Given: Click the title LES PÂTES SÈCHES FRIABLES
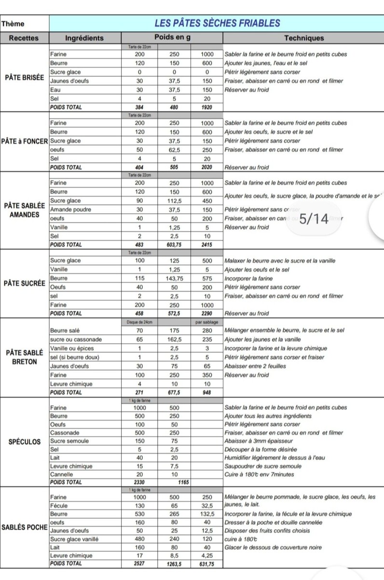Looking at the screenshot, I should (217, 23).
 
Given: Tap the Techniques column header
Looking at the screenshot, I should (304, 38).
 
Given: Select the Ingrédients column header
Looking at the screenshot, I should (84, 38).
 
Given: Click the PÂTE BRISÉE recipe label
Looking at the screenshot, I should (24, 77).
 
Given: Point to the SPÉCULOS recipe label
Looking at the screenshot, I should (24, 442).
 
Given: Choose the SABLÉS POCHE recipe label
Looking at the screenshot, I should (24, 527).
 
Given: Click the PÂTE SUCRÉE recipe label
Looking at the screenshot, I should (24, 283).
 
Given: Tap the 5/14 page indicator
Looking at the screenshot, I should (314, 219).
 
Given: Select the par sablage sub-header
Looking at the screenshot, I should (207, 322).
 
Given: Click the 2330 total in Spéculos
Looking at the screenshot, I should (139, 482).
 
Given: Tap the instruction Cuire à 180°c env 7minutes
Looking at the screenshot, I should (259, 475).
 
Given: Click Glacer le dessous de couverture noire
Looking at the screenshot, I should (274, 548).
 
